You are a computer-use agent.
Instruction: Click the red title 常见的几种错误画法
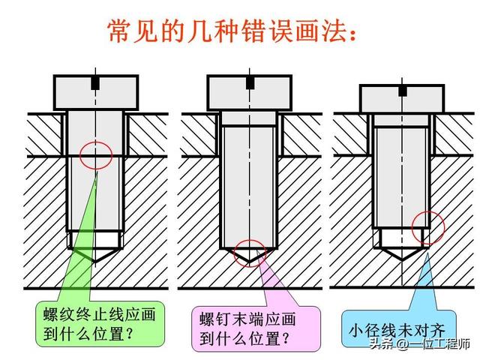[229, 31]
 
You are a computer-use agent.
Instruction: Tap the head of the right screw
[402, 98]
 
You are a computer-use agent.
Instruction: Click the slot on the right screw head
[403, 90]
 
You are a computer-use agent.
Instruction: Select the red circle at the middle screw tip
[249, 253]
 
